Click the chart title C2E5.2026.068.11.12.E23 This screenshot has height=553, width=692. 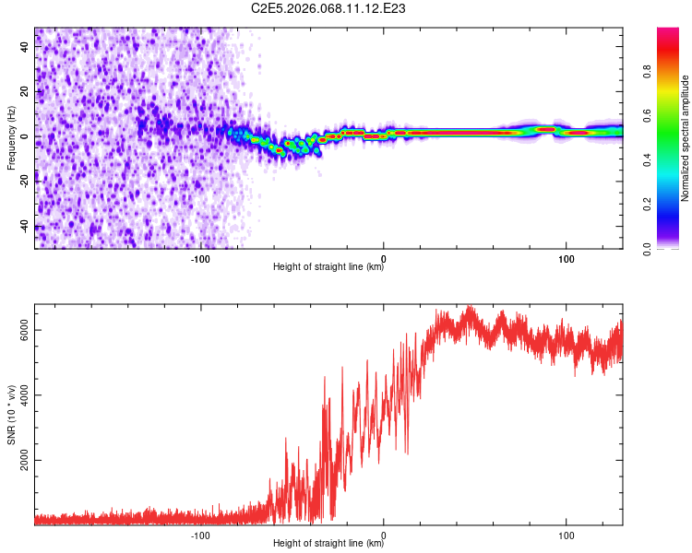[x=328, y=8]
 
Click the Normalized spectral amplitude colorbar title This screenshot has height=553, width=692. [x=686, y=138]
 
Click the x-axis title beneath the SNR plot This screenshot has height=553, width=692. [x=328, y=544]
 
